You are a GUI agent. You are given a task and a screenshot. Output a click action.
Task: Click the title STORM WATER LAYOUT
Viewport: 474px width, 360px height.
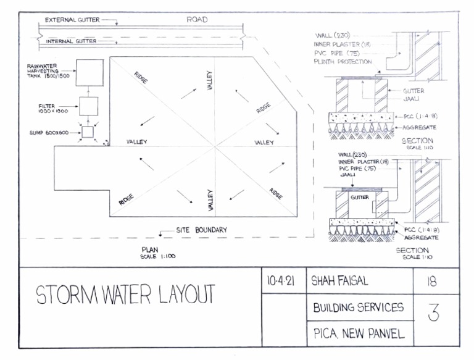point(125,295)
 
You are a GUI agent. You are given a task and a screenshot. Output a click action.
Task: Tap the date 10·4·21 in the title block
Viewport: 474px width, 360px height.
point(281,281)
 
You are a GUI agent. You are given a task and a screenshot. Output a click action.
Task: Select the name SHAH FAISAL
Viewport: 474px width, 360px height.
point(340,281)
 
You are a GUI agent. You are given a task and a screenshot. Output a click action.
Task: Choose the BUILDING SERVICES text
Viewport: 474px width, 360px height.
point(359,308)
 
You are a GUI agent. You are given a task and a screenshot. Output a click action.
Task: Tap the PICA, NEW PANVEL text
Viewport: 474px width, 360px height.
point(358,334)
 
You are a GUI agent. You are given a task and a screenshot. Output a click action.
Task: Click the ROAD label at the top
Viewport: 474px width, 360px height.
point(197,20)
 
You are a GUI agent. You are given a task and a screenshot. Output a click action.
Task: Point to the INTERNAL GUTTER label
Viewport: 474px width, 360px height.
point(72,41)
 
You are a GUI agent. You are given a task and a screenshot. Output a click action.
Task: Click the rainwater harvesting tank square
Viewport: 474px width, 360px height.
point(89,73)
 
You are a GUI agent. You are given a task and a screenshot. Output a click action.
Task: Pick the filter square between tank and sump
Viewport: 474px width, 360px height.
point(88,106)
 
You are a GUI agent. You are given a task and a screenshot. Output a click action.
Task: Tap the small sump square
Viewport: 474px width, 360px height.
point(88,132)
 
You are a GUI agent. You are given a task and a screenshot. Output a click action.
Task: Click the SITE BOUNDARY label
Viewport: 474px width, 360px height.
point(201,230)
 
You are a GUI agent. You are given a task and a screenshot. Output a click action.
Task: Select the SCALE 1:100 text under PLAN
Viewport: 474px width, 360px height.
point(158,256)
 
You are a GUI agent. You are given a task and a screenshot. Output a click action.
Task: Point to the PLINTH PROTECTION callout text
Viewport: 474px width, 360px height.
point(343,61)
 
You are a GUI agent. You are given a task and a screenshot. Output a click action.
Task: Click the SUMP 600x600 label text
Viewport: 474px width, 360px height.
point(51,132)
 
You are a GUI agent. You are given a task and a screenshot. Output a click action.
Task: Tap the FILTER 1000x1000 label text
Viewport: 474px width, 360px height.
point(52,108)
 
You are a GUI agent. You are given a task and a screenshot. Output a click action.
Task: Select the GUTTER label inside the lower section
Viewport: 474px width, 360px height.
point(359,198)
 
